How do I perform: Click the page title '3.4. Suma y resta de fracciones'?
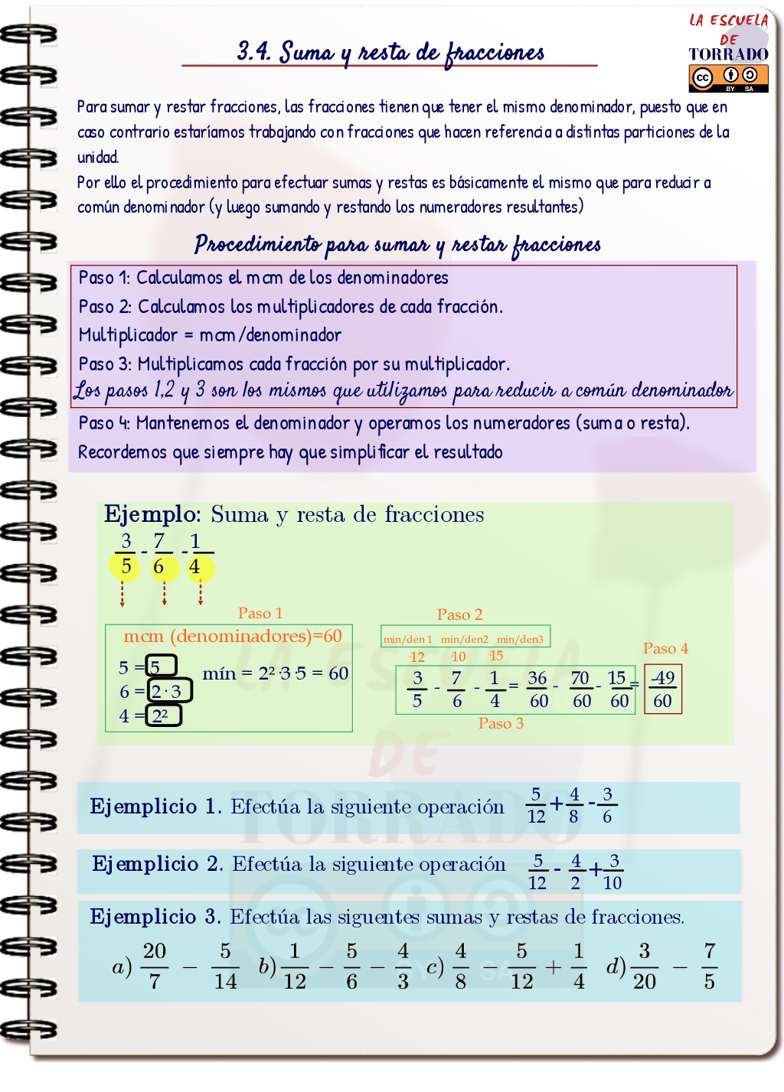tap(390, 52)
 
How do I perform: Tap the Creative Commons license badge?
tap(728, 77)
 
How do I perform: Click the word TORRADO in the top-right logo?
tap(728, 54)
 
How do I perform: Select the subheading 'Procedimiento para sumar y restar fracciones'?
tap(397, 245)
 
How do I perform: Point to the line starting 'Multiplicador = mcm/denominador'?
tap(210, 335)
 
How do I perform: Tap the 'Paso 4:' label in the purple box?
tap(104, 423)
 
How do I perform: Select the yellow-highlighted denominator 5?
tap(126, 567)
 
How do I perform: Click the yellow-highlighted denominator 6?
tap(159, 567)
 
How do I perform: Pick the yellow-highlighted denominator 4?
tap(195, 567)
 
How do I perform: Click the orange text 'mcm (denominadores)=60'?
tap(232, 636)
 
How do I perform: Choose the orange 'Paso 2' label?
tap(459, 614)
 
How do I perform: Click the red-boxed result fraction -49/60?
tap(662, 689)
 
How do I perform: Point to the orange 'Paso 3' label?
tap(501, 723)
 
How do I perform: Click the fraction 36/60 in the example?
tap(538, 689)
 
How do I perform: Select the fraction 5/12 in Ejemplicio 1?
tap(536, 805)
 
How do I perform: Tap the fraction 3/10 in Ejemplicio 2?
tap(612, 872)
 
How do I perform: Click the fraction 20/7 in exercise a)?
tap(154, 966)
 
